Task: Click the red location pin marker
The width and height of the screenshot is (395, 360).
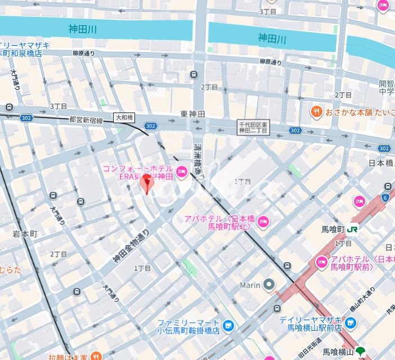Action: click(x=146, y=183)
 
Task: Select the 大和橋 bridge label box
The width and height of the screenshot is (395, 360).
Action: click(x=124, y=118)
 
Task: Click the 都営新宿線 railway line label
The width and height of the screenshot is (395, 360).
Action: click(x=86, y=120)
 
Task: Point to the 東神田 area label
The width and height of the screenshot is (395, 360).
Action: click(x=192, y=114)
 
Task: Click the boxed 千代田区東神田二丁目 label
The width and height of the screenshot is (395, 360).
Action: click(x=254, y=127)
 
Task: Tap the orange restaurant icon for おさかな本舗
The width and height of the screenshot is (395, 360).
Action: click(x=316, y=111)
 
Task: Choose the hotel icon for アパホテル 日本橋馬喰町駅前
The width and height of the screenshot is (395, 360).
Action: click(x=321, y=262)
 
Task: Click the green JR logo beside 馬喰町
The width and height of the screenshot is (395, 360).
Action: click(x=353, y=229)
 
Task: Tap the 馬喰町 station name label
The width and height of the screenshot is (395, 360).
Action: click(x=333, y=229)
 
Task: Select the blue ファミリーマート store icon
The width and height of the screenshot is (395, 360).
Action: click(x=228, y=325)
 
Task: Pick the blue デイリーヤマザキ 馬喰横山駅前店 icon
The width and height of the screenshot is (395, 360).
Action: click(x=351, y=322)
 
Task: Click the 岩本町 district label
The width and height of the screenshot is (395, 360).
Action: click(x=24, y=233)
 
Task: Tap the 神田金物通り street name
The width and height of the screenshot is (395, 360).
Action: click(x=131, y=248)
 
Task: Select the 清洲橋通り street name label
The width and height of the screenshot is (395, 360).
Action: click(x=197, y=160)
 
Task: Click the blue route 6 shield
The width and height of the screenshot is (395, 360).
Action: click(x=385, y=197)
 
